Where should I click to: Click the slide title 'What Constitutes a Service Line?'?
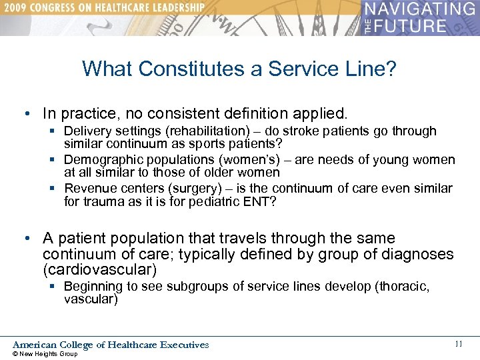[x=239, y=69]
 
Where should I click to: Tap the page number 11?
[x=458, y=344]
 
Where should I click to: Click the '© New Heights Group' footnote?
[x=45, y=354]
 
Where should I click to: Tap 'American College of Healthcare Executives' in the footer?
[x=111, y=345]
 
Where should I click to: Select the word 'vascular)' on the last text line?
[x=91, y=299]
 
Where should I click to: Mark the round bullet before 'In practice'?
[x=32, y=113]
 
